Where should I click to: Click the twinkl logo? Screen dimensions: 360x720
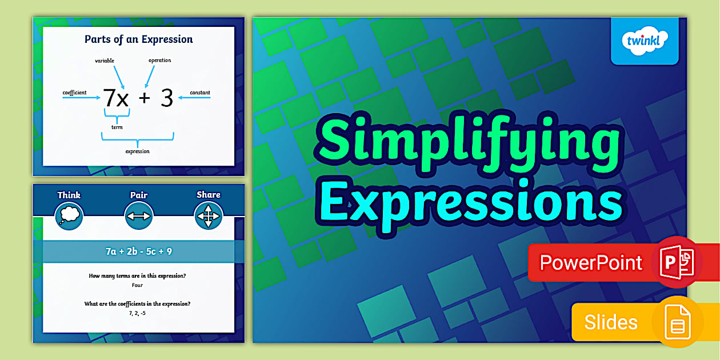coord(644,41)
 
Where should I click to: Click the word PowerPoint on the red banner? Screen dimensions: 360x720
coord(591,262)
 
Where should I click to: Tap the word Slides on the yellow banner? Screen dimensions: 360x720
coord(610,322)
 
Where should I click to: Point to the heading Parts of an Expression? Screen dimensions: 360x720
coord(139,39)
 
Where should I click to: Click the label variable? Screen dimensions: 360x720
coord(105,60)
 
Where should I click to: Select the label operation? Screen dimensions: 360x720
coord(159,60)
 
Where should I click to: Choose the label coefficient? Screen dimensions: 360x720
coord(74,93)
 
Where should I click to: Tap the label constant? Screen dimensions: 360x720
coord(200,93)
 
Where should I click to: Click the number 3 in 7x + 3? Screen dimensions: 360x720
coord(166,99)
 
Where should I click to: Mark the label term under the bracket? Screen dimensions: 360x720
coord(117,127)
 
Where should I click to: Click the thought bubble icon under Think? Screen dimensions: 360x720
coord(69,216)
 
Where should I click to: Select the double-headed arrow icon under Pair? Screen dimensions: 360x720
coord(139,216)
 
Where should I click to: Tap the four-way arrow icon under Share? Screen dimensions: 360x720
coord(208,216)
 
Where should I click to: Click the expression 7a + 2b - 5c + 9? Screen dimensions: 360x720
coord(138,251)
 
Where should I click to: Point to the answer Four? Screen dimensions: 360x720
coord(137,285)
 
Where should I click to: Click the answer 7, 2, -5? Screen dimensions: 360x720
coord(137,313)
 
